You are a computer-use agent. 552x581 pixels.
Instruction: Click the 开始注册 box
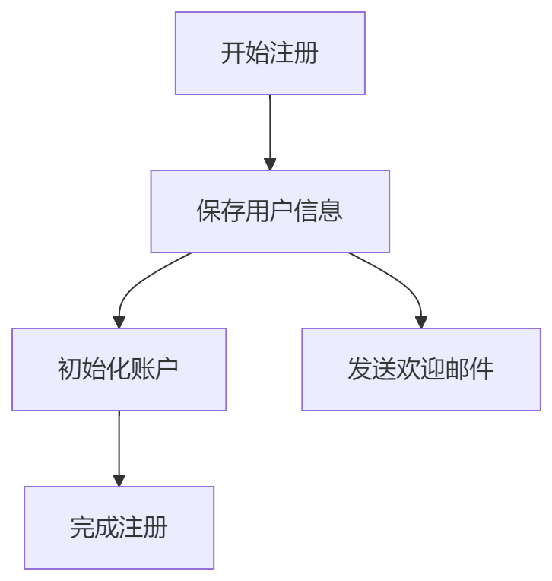click(x=270, y=53)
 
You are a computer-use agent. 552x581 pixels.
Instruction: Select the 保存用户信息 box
click(x=270, y=211)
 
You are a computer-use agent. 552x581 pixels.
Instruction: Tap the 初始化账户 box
click(x=119, y=370)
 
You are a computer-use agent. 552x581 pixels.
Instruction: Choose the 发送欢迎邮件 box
click(x=420, y=370)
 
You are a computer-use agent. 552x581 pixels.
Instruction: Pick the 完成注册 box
click(x=119, y=528)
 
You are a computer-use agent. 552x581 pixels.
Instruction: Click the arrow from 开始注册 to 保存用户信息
click(x=270, y=129)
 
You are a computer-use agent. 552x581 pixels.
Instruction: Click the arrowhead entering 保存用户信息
click(x=270, y=164)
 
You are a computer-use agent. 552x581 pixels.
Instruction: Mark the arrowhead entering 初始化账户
click(x=119, y=322)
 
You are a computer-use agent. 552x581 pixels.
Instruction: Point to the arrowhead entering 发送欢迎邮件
click(x=420, y=322)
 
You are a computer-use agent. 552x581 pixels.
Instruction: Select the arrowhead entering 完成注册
click(x=119, y=480)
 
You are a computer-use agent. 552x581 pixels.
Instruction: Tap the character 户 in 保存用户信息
click(x=282, y=211)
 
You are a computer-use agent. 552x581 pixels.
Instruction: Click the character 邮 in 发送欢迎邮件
click(x=457, y=370)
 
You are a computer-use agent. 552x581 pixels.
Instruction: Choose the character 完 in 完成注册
click(x=82, y=528)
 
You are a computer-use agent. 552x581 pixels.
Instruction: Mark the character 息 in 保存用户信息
click(x=331, y=211)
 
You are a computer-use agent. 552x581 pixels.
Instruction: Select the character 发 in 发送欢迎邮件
click(x=360, y=370)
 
